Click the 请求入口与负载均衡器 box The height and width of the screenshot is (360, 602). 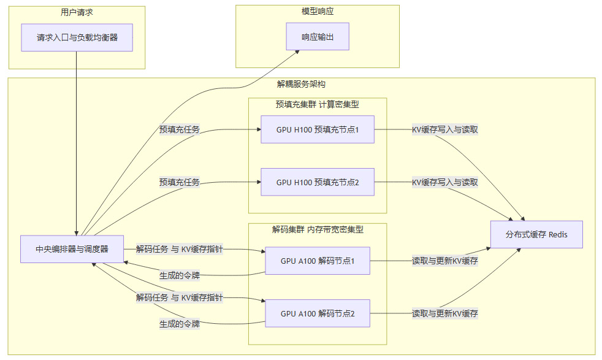click(x=77, y=37)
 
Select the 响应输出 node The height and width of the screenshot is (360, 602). click(x=318, y=37)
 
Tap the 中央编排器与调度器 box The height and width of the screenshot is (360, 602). click(x=72, y=249)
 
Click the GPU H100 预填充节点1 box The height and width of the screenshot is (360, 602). click(x=317, y=129)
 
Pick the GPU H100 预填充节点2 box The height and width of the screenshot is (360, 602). click(x=317, y=182)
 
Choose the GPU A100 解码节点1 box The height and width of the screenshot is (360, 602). click(x=318, y=261)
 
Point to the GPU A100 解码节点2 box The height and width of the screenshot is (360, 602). click(x=318, y=313)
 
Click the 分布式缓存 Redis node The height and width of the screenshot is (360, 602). click(x=536, y=234)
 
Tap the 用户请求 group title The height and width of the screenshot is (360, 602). click(x=77, y=12)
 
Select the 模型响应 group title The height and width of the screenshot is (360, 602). click(x=318, y=11)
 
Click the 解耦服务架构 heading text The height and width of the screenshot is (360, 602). click(x=301, y=84)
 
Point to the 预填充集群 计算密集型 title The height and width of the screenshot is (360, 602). click(x=317, y=104)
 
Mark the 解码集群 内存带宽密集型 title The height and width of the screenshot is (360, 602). click(x=318, y=229)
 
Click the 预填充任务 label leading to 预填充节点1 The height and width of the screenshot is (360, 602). click(x=179, y=130)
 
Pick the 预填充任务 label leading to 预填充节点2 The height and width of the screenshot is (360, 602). click(x=179, y=182)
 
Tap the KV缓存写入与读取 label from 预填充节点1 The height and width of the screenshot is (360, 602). click(x=444, y=130)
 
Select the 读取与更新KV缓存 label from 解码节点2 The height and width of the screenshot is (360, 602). click(x=444, y=313)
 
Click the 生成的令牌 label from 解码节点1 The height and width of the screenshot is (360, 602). click(x=179, y=274)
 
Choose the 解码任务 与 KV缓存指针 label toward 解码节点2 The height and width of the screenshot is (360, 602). click(x=179, y=298)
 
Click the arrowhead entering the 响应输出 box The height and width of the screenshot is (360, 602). click(x=297, y=52)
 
